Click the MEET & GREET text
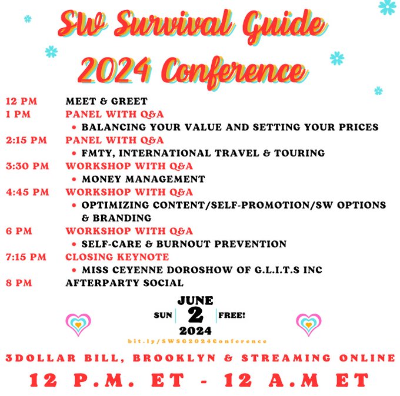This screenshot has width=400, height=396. coord(106,101)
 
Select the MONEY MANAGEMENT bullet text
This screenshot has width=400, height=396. coord(143,179)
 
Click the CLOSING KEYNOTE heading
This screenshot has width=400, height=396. coord(117,257)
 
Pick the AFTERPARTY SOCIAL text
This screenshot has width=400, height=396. coord(124,283)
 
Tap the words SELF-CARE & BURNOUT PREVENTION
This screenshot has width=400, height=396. coord(184,244)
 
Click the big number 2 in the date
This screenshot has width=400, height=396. coord(195,316)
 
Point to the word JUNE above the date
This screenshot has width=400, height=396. coord(195,301)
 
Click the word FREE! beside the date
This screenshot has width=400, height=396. coord(232,315)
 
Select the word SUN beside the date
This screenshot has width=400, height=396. coord(163,316)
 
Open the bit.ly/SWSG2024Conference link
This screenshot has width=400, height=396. coord(197,341)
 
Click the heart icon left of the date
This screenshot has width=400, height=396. coord(78,324)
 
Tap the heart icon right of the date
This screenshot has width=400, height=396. coord(308,324)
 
